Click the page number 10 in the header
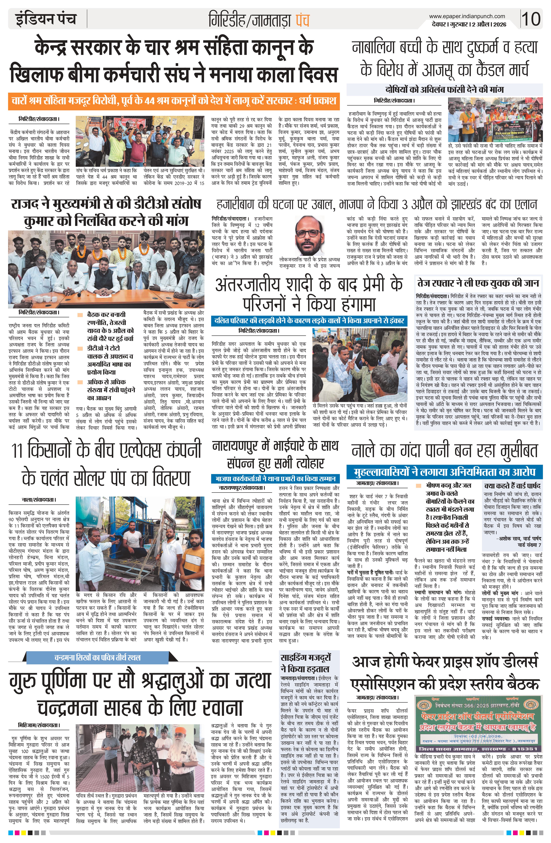531,18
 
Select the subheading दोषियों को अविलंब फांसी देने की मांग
444,89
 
